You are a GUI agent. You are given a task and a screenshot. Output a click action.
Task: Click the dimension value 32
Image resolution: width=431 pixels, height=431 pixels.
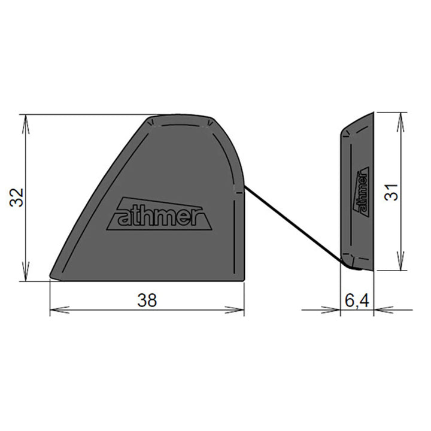18,197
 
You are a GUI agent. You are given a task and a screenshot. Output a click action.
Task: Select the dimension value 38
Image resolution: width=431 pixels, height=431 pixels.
147,301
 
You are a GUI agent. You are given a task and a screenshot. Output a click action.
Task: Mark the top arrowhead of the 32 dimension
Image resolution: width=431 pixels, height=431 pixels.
25,120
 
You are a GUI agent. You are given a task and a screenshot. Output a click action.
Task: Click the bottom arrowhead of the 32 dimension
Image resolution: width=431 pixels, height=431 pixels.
25,275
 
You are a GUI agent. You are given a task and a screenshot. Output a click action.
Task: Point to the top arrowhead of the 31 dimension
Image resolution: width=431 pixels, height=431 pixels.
399,117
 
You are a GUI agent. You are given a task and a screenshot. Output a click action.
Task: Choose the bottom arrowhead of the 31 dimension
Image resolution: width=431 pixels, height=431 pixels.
399,265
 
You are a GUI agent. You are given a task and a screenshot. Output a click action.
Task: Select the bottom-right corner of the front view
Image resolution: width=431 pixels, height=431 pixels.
244,280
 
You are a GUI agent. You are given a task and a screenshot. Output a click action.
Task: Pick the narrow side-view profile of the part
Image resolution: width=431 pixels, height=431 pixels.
357,192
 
